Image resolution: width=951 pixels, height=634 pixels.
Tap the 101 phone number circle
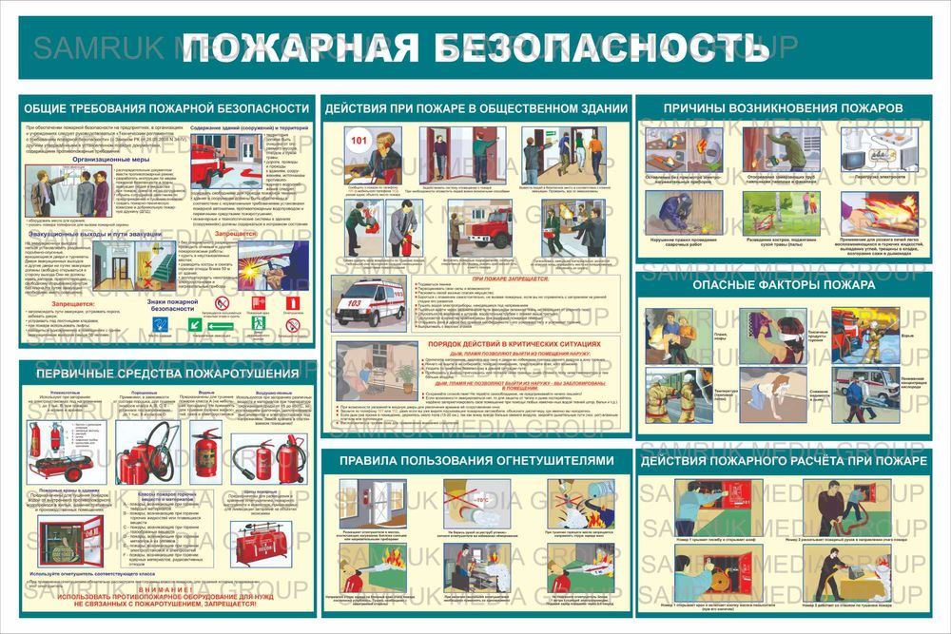tap(359, 143)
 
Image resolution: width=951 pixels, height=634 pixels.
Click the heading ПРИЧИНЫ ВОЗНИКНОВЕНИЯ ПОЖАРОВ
tap(783, 108)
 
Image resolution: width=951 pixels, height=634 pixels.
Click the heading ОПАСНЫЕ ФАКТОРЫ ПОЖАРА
tap(783, 284)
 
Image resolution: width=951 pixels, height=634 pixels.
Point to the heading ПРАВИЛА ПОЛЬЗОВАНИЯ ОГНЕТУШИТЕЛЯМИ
tap(472, 461)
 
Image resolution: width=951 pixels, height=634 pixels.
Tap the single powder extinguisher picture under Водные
tap(204, 447)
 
